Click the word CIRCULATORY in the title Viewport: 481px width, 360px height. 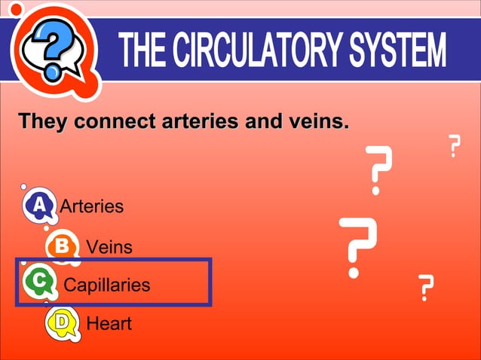[x=256, y=50]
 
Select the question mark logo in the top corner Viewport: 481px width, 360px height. [x=51, y=49]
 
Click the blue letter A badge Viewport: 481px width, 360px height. [x=38, y=205]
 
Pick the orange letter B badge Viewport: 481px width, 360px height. [x=62, y=246]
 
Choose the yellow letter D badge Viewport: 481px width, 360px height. [x=63, y=323]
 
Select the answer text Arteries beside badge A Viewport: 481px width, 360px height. [x=91, y=206]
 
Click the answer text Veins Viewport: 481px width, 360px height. [x=109, y=247]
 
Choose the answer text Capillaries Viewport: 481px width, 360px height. [x=107, y=285]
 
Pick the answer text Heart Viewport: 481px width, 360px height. [x=109, y=324]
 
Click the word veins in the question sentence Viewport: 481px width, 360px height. [x=319, y=121]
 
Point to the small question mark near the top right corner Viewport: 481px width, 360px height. [x=454, y=145]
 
